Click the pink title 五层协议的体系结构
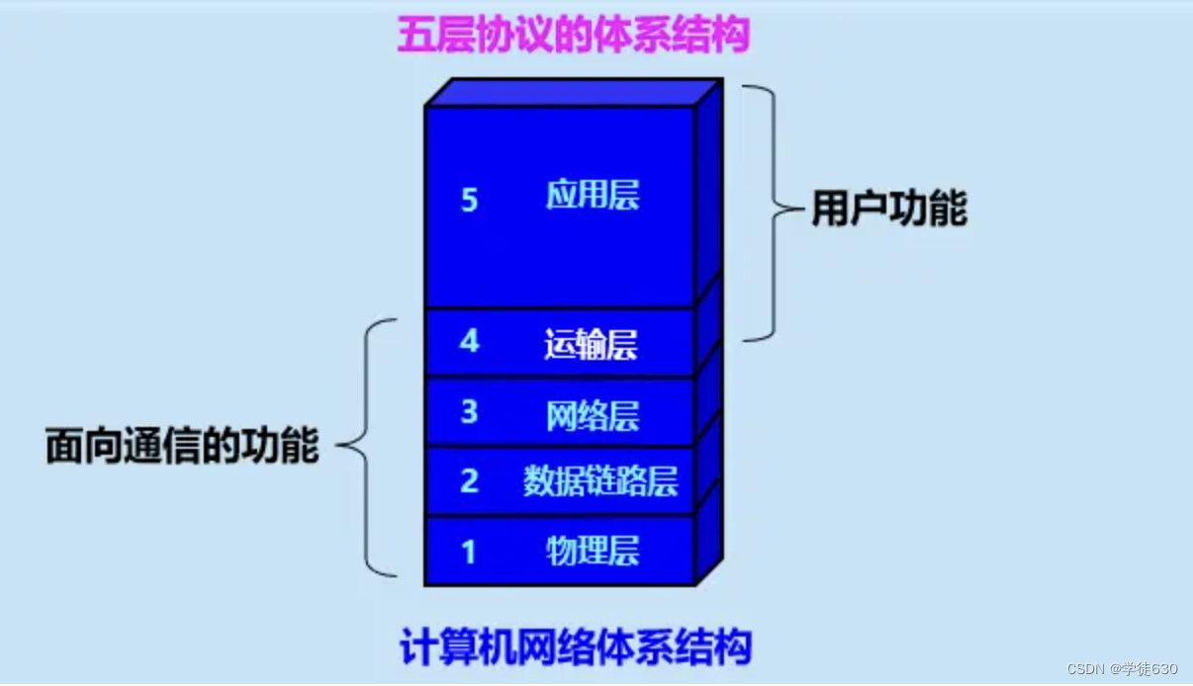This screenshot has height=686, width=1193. click(x=574, y=36)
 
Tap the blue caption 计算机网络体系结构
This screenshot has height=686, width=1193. click(x=576, y=647)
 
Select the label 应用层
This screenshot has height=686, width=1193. click(x=593, y=196)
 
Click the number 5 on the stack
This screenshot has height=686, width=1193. click(x=469, y=201)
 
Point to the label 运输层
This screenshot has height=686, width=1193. click(x=591, y=344)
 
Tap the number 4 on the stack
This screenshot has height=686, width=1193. click(x=469, y=341)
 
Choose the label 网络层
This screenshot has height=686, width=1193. click(x=593, y=416)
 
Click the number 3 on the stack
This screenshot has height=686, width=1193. click(x=469, y=412)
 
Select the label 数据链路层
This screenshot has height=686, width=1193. click(x=600, y=481)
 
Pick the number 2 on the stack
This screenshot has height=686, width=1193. click(x=469, y=481)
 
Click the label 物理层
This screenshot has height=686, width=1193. click(x=593, y=550)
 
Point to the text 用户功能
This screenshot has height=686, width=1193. click(x=888, y=210)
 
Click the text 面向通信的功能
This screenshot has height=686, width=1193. click(x=182, y=446)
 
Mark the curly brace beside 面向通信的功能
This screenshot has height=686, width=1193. click(x=367, y=446)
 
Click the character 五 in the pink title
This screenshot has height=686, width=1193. click(x=414, y=36)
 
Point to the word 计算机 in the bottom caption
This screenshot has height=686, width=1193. click(x=454, y=647)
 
